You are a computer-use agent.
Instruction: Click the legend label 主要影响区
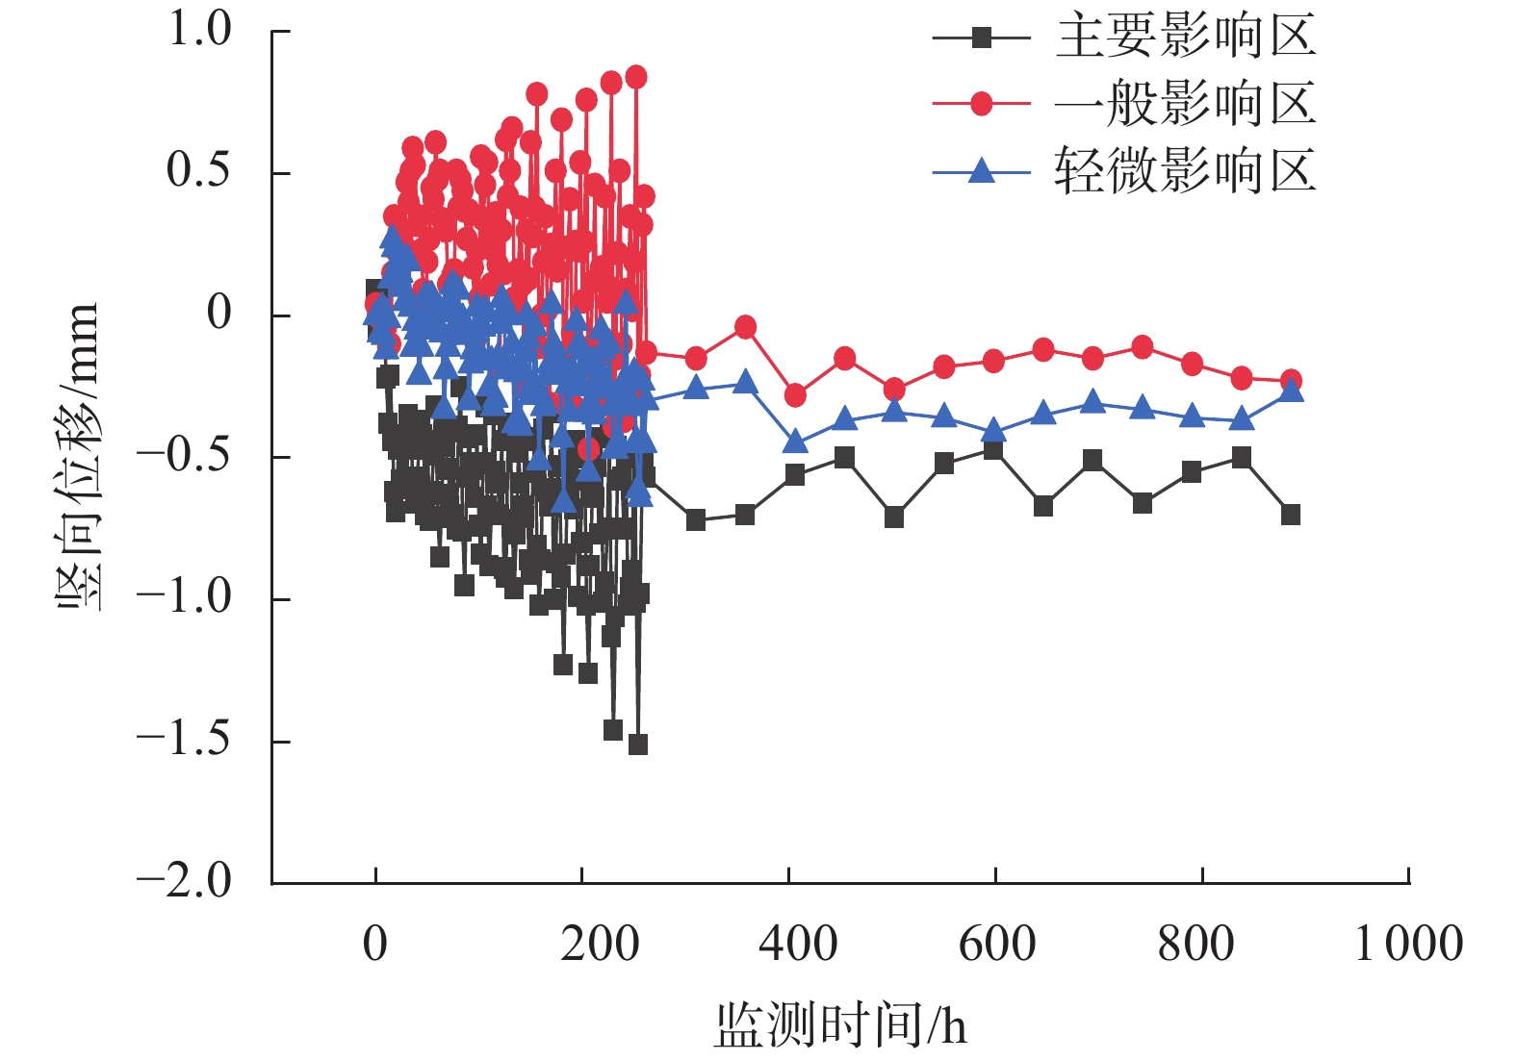tap(1185, 37)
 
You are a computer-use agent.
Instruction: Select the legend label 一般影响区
tap(1185, 104)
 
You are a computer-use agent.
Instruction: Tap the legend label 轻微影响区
tap(1185, 171)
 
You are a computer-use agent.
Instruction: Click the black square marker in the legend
tap(981, 38)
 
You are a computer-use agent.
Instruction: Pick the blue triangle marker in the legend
tap(981, 171)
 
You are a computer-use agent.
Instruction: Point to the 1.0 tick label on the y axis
tap(199, 30)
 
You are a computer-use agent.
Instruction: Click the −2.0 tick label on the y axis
tap(184, 881)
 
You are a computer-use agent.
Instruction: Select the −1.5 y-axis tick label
tap(184, 740)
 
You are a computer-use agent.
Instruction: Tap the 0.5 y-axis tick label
tap(199, 171)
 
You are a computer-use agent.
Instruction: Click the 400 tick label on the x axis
tap(798, 944)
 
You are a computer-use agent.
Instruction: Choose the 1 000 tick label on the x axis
tap(1408, 944)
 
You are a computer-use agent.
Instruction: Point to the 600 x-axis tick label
tap(997, 944)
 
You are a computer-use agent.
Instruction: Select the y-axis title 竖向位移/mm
tap(77, 455)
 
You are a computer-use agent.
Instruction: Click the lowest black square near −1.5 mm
tap(637, 745)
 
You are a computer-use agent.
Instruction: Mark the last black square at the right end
tap(1291, 515)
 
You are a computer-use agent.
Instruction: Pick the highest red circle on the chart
tap(636, 77)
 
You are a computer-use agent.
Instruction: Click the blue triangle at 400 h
tap(795, 442)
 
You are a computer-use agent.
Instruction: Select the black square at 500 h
tap(894, 517)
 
